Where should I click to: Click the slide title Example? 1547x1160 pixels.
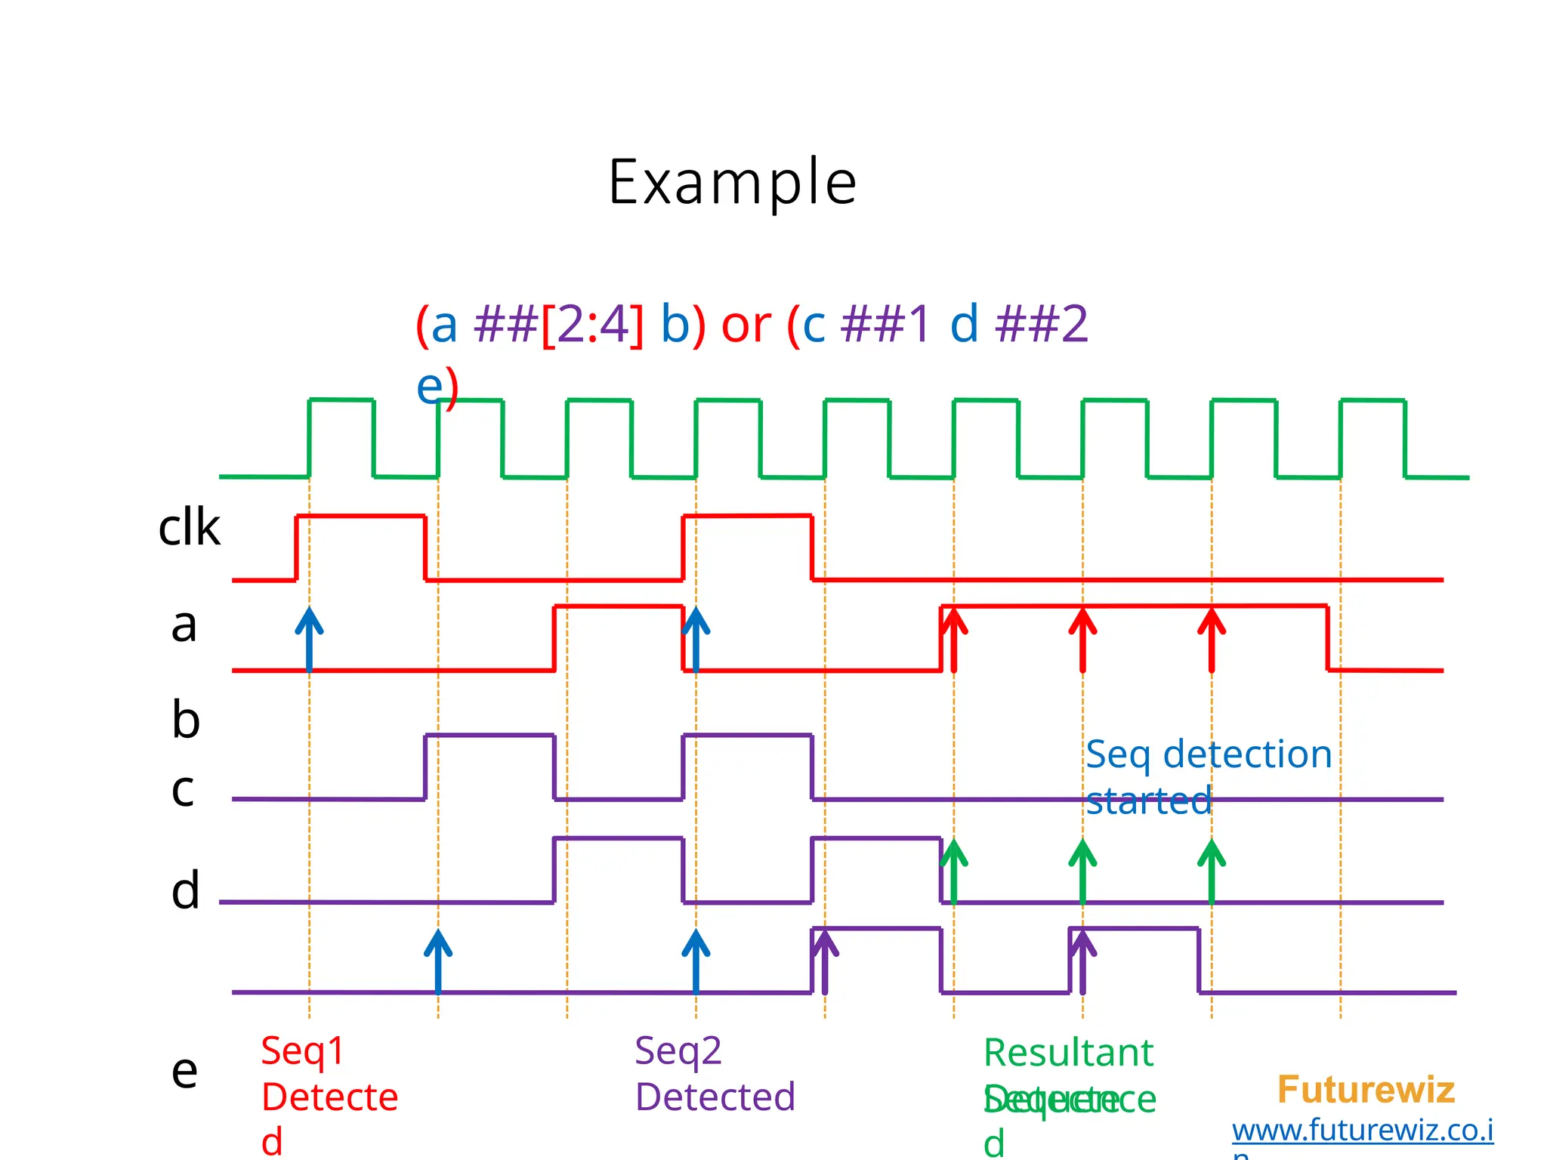(732, 183)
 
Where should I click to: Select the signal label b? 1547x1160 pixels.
(186, 719)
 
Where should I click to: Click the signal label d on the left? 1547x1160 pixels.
(186, 890)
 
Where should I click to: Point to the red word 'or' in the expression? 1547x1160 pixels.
(746, 325)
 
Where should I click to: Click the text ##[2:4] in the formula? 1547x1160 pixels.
(559, 325)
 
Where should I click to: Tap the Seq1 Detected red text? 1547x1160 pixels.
(329, 1095)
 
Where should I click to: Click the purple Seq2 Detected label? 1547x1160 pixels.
(715, 1074)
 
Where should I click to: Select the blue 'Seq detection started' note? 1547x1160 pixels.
(1208, 776)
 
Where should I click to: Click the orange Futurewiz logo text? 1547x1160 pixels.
(1366, 1090)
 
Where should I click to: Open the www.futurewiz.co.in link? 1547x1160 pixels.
(1363, 1131)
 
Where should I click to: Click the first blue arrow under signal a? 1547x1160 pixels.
(309, 639)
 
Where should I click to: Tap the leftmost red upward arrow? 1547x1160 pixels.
(954, 639)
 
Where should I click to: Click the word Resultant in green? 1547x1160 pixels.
(1068, 1053)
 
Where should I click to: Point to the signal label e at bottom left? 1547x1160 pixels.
(185, 1070)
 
